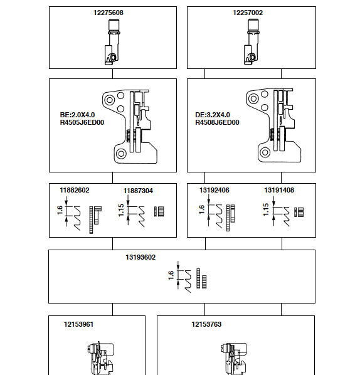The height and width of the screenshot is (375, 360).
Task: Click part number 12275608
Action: (x=112, y=13)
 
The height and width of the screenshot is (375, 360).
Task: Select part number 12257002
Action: (x=248, y=13)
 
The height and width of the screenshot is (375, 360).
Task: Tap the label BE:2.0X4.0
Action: (x=77, y=115)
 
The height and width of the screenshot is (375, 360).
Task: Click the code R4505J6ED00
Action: (x=82, y=123)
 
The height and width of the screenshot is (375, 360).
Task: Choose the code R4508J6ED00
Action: (x=218, y=123)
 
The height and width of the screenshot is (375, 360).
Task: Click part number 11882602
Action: (x=75, y=190)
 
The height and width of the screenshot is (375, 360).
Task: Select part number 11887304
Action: (x=138, y=190)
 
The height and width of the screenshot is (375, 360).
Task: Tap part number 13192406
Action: (x=214, y=190)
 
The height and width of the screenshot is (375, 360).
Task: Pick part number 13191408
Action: (x=278, y=190)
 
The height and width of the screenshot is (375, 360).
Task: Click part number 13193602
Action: (x=140, y=257)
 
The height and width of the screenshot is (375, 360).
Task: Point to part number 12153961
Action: (x=79, y=325)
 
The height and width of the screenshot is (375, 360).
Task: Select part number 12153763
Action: (x=206, y=325)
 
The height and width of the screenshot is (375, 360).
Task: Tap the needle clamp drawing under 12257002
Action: (x=251, y=41)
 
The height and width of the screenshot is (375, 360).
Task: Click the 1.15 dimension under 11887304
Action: (x=122, y=211)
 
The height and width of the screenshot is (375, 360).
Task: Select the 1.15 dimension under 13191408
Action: (x=266, y=211)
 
